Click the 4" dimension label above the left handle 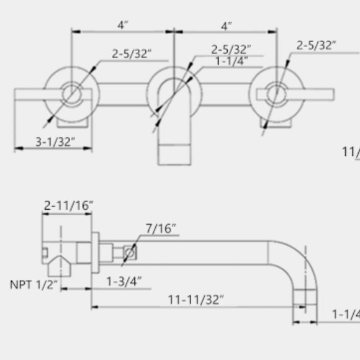pos(123,26)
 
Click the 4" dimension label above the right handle pos(227,26)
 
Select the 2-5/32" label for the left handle pos(132,54)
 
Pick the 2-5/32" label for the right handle pos(317,45)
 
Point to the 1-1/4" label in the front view pos(232,61)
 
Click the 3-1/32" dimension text pos(55,142)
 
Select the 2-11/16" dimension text pos(68,205)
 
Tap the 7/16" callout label pos(161,229)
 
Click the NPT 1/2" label pos(34,285)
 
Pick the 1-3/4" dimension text pos(124,281)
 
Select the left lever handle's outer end pos(19,94)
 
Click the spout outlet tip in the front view pos(174,155)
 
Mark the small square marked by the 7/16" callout pos(131,253)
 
